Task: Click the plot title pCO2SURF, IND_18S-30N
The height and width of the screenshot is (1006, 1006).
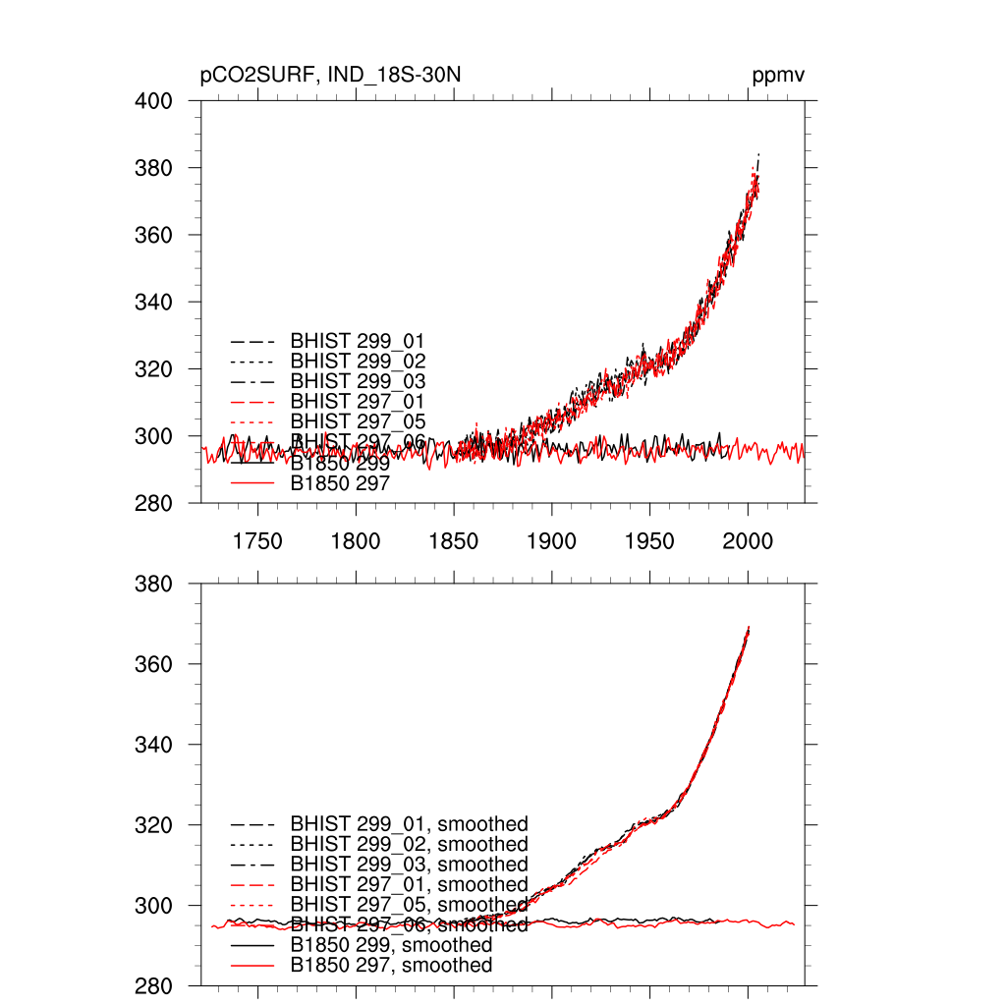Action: [x=330, y=77]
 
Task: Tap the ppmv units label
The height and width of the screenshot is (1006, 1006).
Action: [x=779, y=77]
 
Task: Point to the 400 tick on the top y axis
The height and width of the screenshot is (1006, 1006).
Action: [x=153, y=101]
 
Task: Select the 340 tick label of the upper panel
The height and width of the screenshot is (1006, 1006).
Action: [x=153, y=302]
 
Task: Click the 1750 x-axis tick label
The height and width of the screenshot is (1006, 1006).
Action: [x=257, y=541]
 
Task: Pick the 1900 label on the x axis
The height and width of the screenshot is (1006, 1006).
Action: [x=551, y=541]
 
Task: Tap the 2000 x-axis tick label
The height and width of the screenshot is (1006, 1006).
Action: [x=748, y=541]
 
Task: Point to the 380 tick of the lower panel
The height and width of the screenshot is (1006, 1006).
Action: [x=153, y=584]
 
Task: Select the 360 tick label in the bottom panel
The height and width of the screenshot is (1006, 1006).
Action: [x=153, y=664]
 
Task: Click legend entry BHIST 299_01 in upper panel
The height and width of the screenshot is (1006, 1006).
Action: [x=358, y=341]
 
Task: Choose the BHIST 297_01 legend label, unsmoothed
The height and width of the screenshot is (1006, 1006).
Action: [x=358, y=401]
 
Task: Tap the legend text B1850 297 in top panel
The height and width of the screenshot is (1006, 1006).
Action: [x=340, y=483]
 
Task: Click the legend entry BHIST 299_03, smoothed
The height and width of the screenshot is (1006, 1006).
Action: [x=409, y=865]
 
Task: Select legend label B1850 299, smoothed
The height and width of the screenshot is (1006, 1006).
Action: [x=391, y=945]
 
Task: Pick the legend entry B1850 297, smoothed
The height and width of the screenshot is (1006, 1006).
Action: [x=391, y=966]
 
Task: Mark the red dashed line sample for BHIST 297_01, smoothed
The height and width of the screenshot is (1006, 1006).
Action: [x=251, y=885]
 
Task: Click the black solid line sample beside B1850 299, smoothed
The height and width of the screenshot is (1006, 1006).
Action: [x=251, y=945]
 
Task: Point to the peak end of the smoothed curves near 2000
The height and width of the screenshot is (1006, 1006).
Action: [x=749, y=628]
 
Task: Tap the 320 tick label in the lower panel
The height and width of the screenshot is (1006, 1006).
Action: [x=153, y=824]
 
